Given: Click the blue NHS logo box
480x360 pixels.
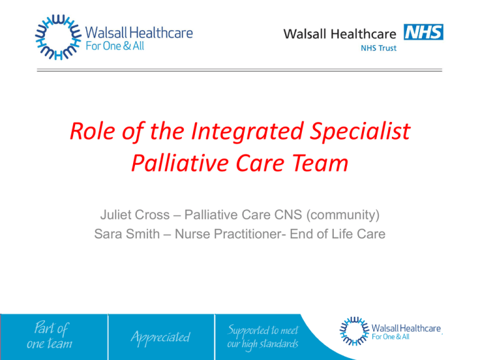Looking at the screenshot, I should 424,31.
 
